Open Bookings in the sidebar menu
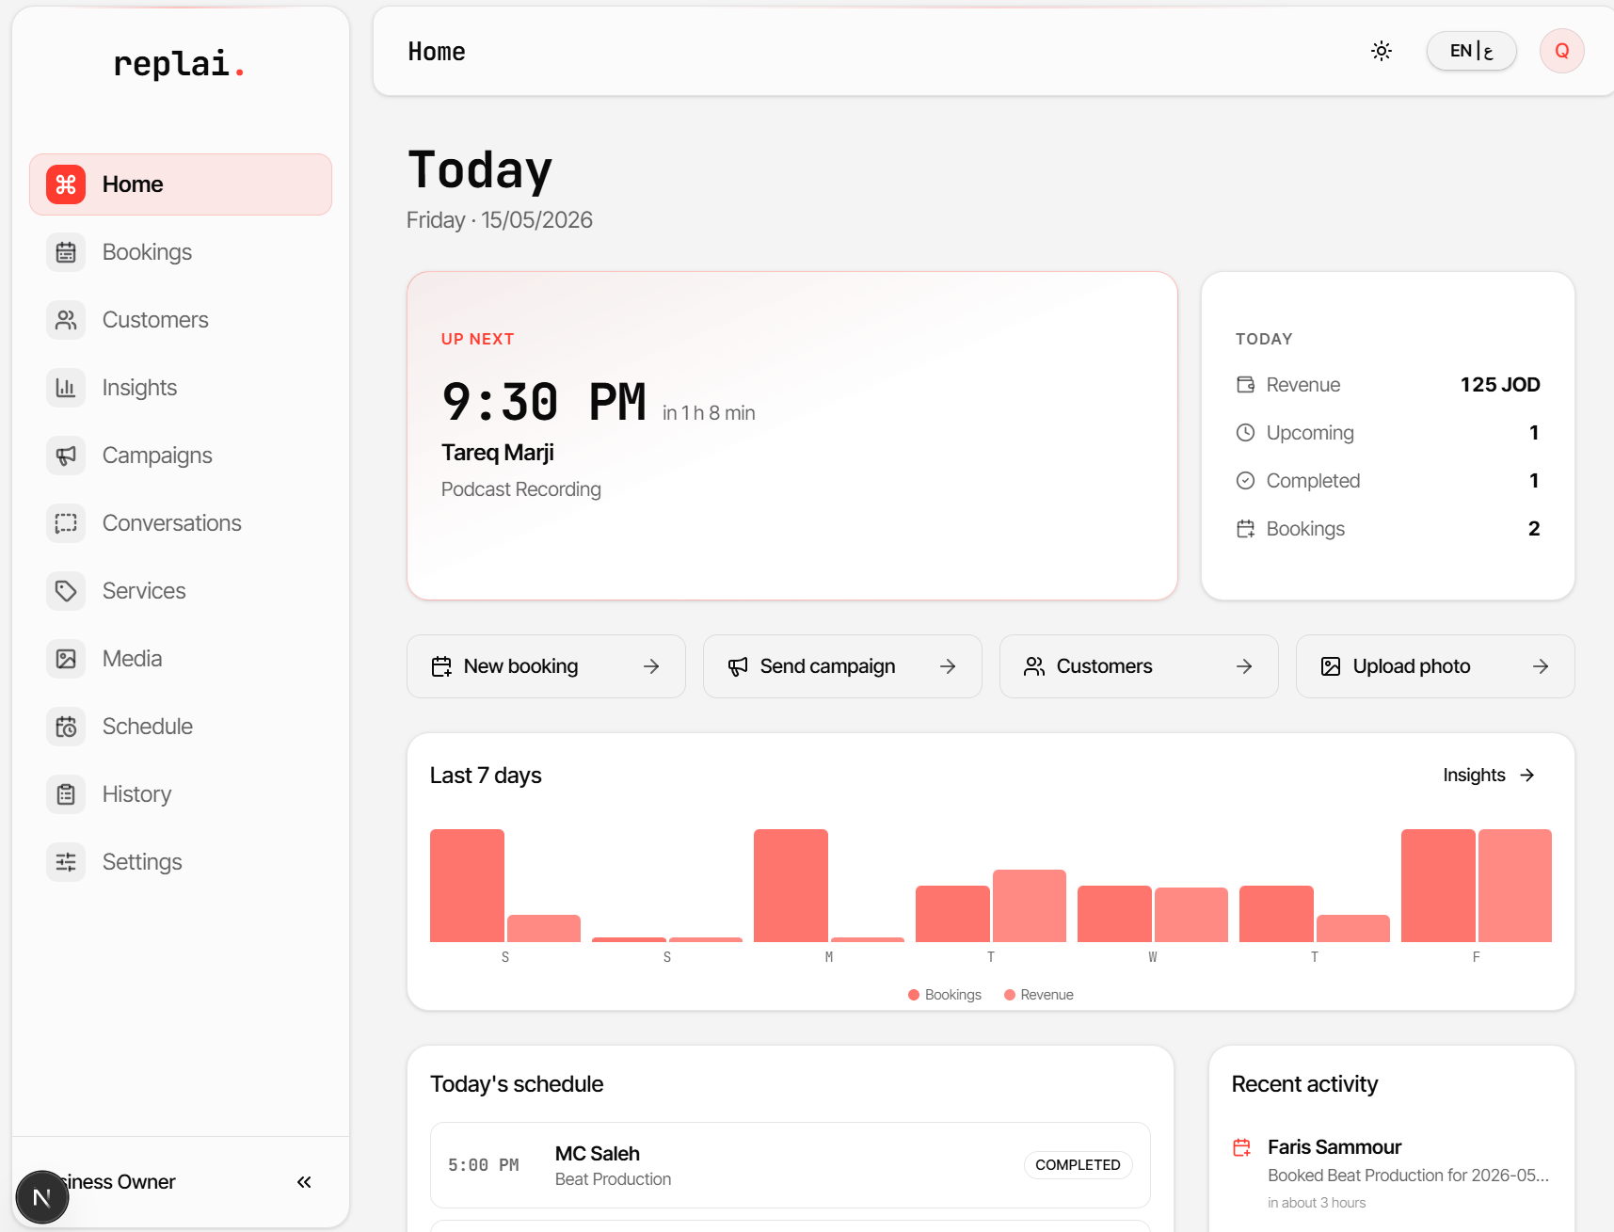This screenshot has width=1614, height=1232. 147,252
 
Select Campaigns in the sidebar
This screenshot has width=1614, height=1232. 157,456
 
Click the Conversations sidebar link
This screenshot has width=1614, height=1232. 171,523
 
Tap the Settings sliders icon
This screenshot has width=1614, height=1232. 66,862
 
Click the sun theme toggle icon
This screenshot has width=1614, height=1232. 1382,51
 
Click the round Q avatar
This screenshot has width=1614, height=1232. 1562,51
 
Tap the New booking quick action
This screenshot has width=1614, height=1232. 546,666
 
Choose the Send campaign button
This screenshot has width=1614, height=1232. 842,666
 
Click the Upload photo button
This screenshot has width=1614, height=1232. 1435,666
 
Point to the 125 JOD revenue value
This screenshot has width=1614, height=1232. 1500,385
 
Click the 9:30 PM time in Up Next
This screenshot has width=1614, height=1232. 544,403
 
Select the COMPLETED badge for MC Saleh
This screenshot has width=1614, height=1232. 1078,1165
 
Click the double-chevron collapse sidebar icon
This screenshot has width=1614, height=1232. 304,1182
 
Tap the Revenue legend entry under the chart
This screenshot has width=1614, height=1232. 1039,995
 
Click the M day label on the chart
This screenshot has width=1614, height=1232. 829,957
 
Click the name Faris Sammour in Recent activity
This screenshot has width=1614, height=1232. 1334,1147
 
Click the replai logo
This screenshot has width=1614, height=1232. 179,64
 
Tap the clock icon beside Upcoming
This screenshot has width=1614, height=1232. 1245,433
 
